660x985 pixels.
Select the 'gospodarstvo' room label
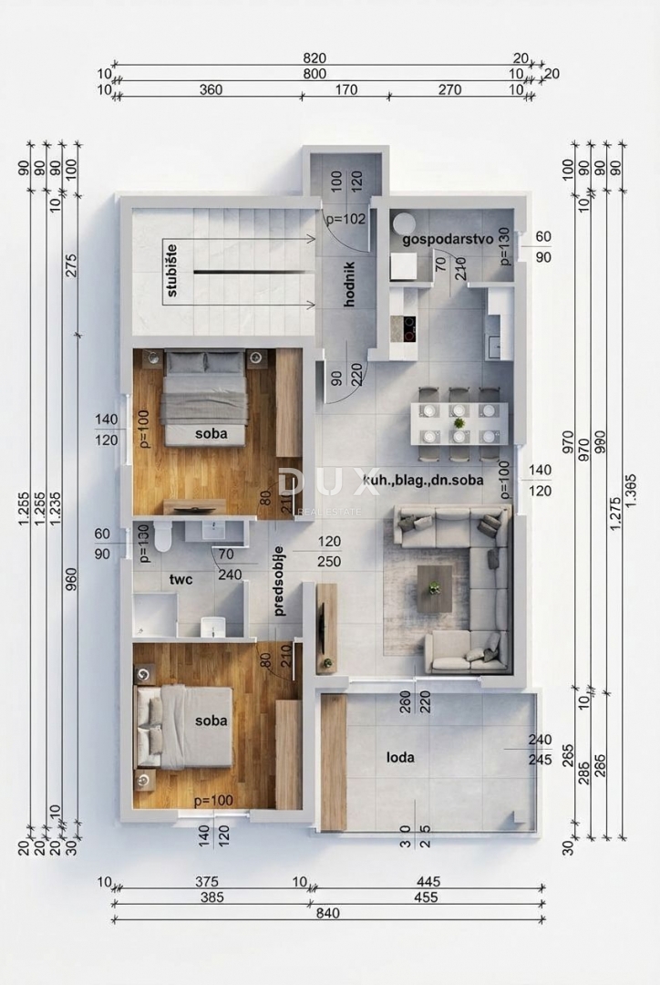point(448,238)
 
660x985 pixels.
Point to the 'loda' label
point(401,756)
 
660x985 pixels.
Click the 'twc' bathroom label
point(180,578)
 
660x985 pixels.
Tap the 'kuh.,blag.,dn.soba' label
point(423,479)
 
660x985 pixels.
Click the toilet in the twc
point(163,537)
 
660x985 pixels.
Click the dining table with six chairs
point(459,423)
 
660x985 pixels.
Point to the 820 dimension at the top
point(315,57)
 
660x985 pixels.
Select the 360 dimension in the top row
point(211,89)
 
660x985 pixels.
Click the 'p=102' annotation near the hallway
point(345,219)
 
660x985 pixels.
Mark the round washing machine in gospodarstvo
point(403,223)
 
